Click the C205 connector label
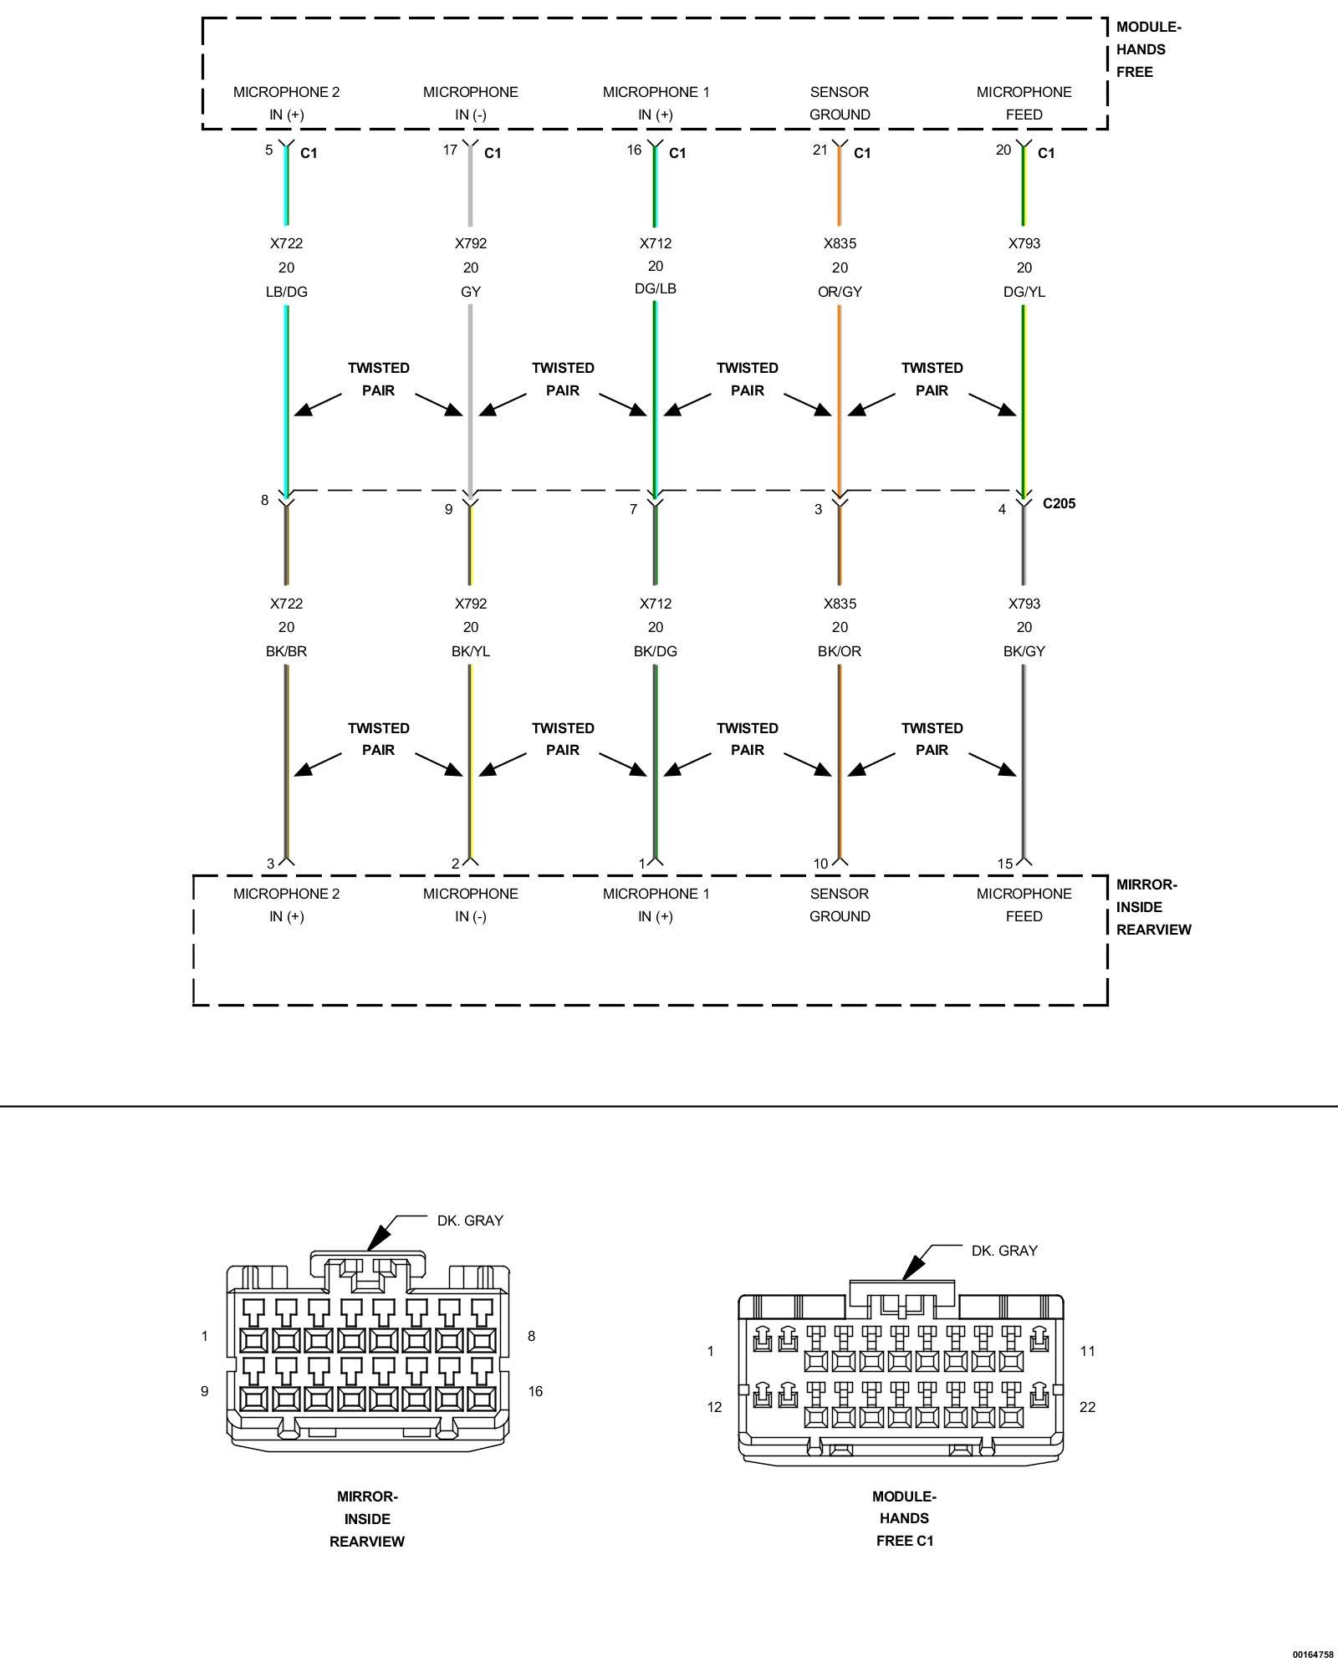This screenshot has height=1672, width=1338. [1059, 503]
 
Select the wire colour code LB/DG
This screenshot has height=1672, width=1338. [286, 292]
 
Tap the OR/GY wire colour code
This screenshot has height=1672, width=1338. [840, 292]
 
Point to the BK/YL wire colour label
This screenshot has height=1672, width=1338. [471, 651]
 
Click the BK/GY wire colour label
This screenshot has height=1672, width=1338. [1024, 651]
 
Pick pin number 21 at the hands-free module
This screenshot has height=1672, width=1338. [820, 150]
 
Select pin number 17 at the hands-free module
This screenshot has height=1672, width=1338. [450, 150]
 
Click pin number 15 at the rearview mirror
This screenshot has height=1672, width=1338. [1004, 864]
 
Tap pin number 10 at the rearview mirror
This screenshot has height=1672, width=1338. [820, 864]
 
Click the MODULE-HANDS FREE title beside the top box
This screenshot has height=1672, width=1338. [1147, 49]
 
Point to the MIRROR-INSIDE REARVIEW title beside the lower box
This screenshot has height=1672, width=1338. [1152, 907]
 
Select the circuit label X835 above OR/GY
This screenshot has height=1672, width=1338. [840, 243]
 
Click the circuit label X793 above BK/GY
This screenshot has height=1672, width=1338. [1024, 604]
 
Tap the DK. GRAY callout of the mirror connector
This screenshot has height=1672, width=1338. [470, 1221]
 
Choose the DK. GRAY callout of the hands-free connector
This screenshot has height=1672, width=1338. [1004, 1251]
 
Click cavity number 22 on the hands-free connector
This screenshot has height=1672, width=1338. [1087, 1407]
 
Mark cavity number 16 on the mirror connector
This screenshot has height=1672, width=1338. [535, 1391]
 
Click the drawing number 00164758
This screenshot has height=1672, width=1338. [1312, 1654]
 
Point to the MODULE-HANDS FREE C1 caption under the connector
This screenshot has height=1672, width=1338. [904, 1518]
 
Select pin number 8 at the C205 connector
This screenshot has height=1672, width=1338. [265, 501]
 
